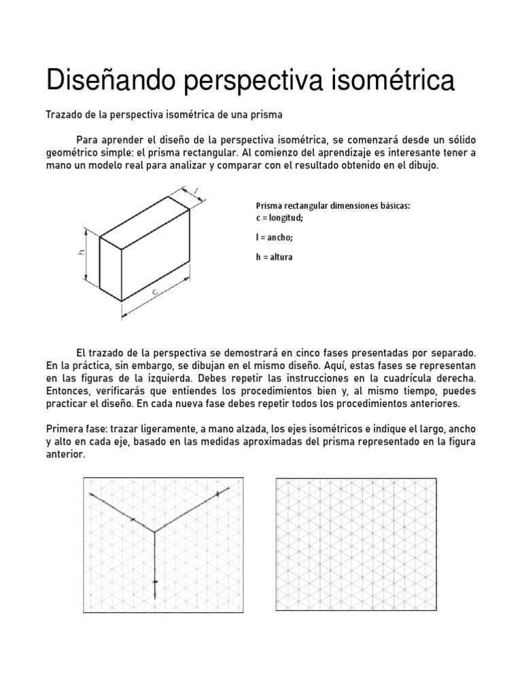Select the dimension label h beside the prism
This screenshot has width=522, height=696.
[80, 252]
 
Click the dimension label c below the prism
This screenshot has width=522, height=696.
[155, 292]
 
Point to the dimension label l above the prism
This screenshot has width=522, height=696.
[195, 190]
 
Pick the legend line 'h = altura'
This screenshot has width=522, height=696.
[275, 258]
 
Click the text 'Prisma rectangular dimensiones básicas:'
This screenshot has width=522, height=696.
[333, 207]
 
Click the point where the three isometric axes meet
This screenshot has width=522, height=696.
[155, 531]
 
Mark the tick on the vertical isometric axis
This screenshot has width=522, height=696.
[155, 582]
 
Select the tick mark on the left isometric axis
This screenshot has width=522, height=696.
[131, 519]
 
